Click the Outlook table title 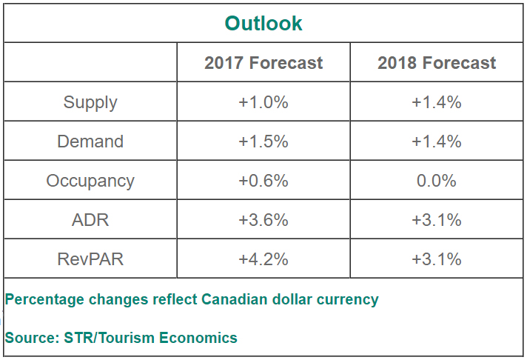click(263, 23)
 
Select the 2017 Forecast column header click(263, 63)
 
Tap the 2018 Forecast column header click(437, 63)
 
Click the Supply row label click(90, 102)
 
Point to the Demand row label click(90, 141)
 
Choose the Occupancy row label click(90, 181)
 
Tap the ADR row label click(90, 220)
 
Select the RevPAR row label click(90, 259)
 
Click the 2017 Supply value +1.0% click(263, 102)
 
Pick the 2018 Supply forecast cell click(437, 102)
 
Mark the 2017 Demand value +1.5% click(263, 141)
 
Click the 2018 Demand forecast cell click(437, 141)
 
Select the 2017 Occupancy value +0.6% click(263, 181)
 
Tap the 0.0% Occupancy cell click(437, 181)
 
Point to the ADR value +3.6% click(263, 220)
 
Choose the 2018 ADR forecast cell click(437, 220)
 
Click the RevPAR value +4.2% click(263, 259)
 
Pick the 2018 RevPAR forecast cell click(437, 259)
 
